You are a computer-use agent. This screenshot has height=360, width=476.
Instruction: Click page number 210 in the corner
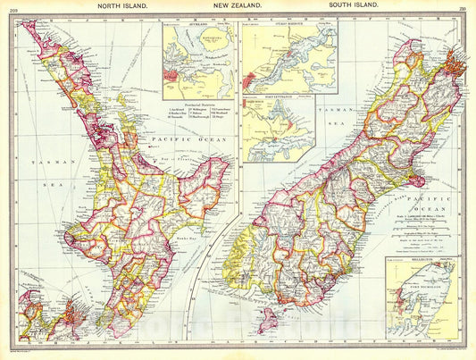click(463, 5)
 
